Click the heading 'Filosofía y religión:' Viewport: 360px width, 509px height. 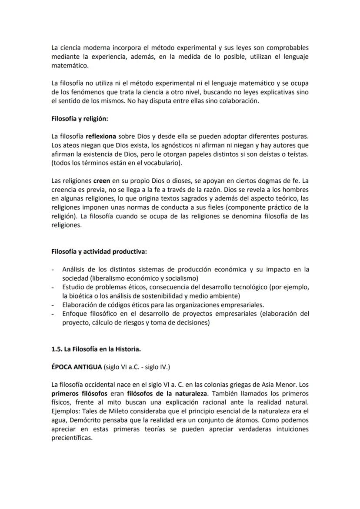(x=80, y=118)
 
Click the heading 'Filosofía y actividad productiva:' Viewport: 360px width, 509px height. (x=99, y=252)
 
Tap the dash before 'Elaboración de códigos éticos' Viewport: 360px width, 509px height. (x=53, y=305)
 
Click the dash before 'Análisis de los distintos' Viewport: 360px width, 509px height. (x=53, y=270)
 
